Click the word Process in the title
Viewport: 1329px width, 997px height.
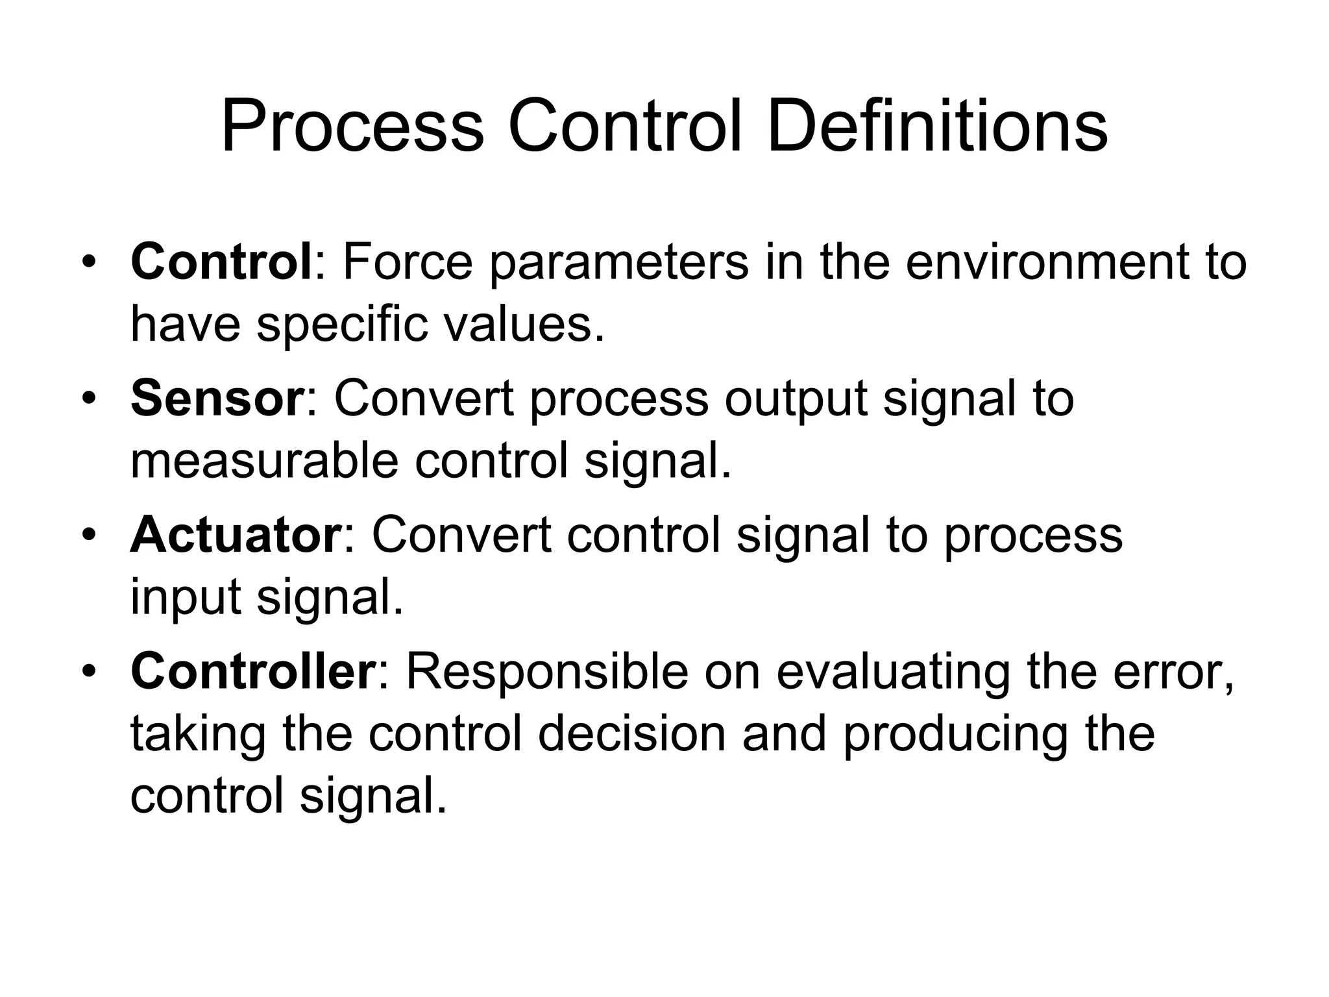point(352,127)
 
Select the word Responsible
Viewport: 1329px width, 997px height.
point(547,674)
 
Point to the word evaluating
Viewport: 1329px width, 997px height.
point(893,674)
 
